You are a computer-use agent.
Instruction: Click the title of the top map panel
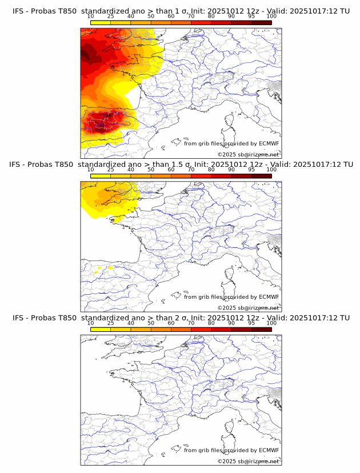pos(181,11)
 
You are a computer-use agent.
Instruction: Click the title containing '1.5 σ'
pos(181,165)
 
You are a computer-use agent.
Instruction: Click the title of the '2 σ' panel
pos(181,318)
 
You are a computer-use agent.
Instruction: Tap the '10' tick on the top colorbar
pos(91,17)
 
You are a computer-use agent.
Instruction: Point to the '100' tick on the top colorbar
pos(271,17)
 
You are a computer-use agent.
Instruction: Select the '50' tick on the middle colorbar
pos(151,170)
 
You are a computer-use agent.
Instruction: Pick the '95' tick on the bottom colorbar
pos(251,323)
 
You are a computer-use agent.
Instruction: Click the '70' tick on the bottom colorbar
pos(191,323)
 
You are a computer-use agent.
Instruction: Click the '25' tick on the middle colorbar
pos(110,170)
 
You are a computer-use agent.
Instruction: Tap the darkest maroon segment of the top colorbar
pos(261,22)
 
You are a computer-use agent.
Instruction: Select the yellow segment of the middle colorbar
pos(101,175)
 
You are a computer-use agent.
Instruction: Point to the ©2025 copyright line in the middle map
pos(248,307)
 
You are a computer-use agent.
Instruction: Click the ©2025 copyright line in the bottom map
pos(248,461)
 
